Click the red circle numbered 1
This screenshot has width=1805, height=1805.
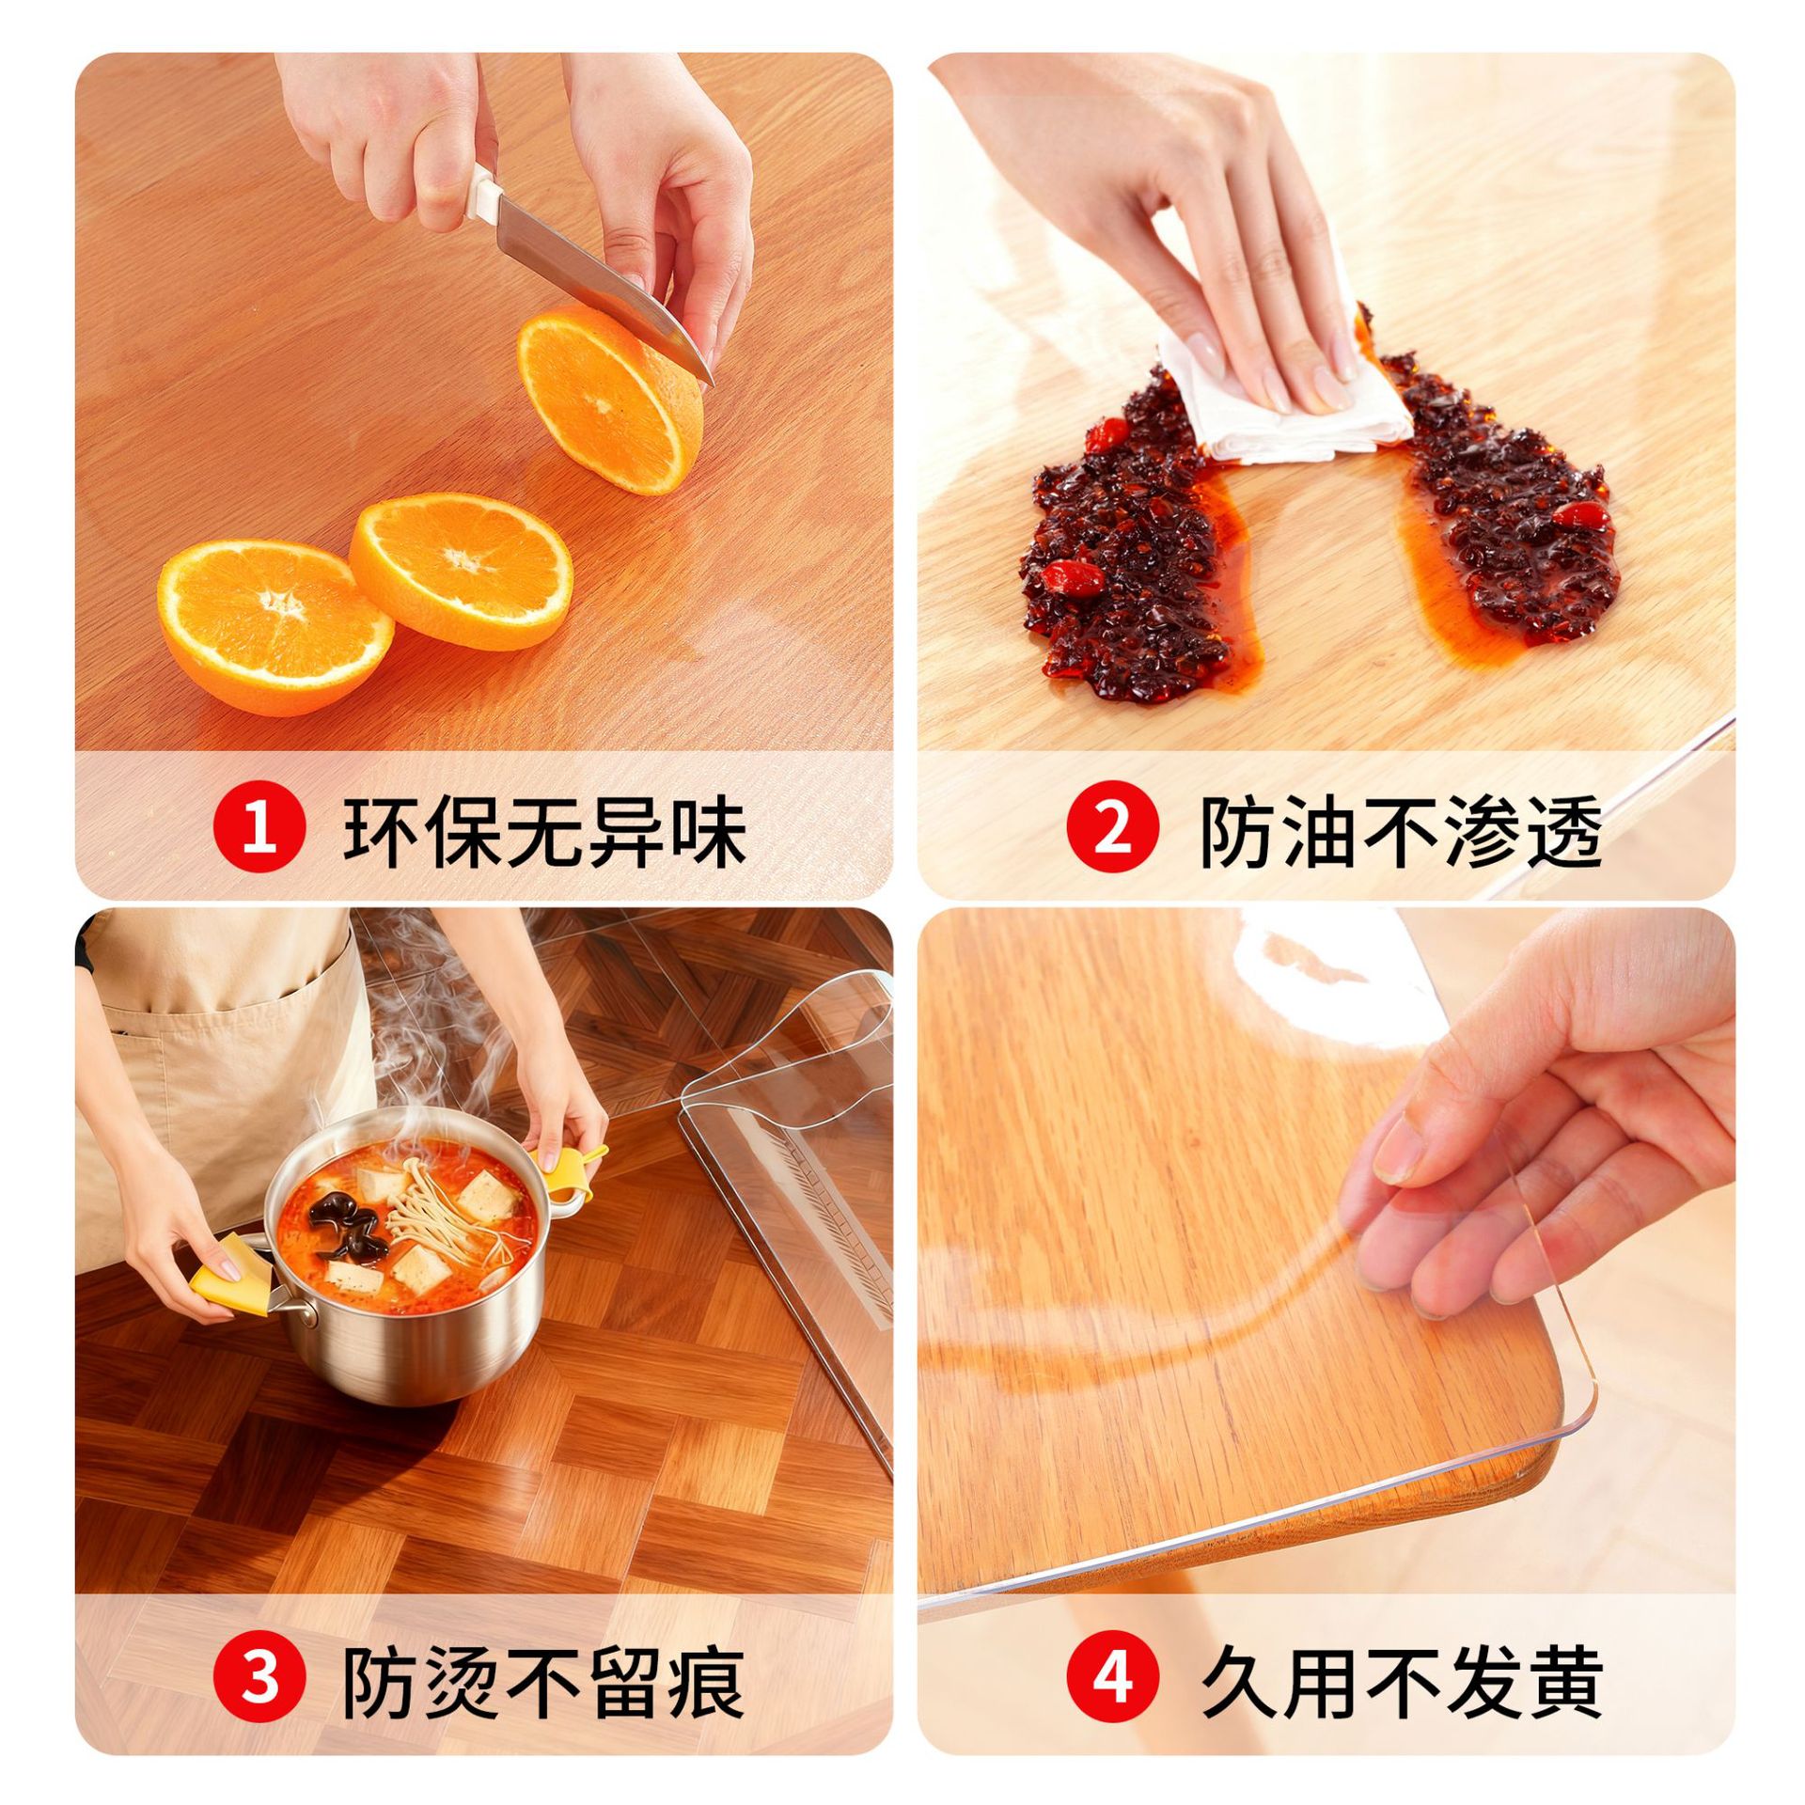(260, 831)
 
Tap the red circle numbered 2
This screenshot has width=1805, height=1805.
(1112, 831)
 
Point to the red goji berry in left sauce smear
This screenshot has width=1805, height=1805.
(1073, 575)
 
